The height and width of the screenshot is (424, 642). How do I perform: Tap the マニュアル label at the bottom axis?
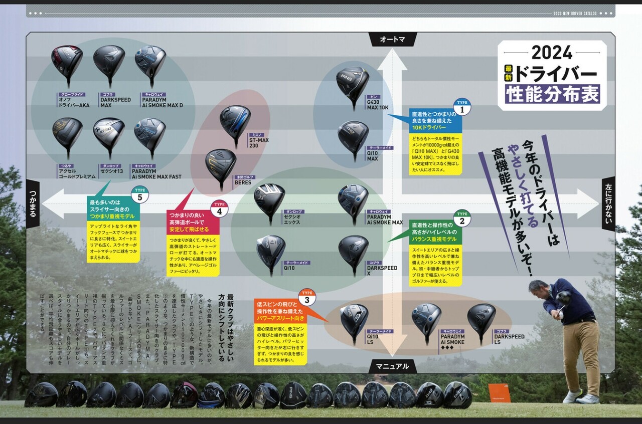pyautogui.click(x=392, y=366)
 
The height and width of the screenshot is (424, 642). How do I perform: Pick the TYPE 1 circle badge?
pyautogui.click(x=462, y=107)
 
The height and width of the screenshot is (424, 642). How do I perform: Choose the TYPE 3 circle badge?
pyautogui.click(x=307, y=298)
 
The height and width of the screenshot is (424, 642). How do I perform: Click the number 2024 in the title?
pyautogui.click(x=552, y=53)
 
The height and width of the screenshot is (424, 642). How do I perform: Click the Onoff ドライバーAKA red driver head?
pyautogui.click(x=67, y=63)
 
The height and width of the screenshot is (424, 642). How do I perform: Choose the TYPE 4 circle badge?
pyautogui.click(x=219, y=209)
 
